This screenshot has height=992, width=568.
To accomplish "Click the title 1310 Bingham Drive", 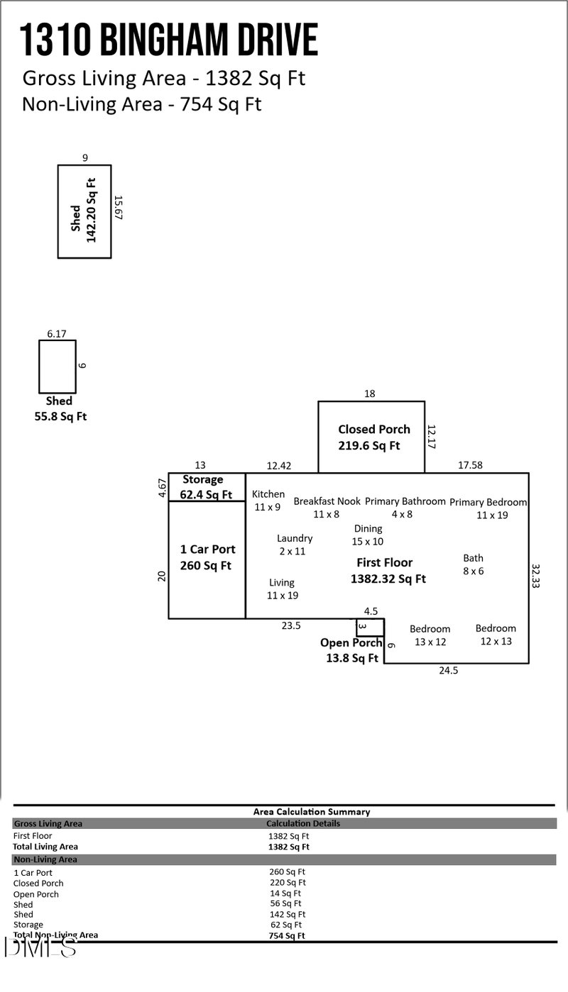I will (x=169, y=40).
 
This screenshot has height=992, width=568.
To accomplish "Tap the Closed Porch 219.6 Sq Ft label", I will (x=373, y=438).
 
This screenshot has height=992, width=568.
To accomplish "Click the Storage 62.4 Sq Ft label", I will (x=206, y=487).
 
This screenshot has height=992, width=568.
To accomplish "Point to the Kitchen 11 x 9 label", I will (x=268, y=501).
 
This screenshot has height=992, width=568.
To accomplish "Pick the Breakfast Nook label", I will (x=327, y=507).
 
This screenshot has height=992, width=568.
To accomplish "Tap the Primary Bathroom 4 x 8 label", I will (x=405, y=507).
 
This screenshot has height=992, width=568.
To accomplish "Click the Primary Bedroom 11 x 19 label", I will (x=488, y=508).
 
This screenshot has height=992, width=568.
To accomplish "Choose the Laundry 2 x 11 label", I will (x=295, y=545).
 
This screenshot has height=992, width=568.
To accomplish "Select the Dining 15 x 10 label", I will (x=368, y=535).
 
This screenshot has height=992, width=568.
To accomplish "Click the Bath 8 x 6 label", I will (x=474, y=564).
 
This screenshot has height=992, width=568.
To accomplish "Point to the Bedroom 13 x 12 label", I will (x=430, y=635).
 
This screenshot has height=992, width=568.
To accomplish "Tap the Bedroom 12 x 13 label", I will (x=496, y=635).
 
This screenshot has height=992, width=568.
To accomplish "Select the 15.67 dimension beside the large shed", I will (x=119, y=208).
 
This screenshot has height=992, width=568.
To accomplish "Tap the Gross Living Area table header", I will (x=48, y=824).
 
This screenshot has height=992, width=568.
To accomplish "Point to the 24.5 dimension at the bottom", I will (x=449, y=670).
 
